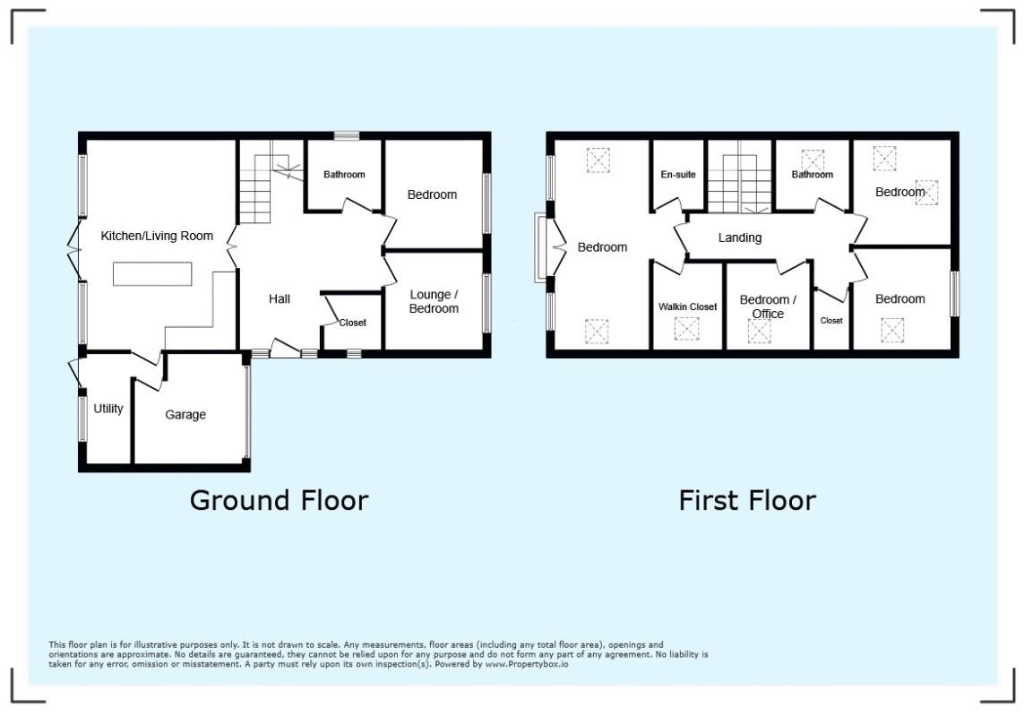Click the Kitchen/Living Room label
(157, 236)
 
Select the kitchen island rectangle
(152, 273)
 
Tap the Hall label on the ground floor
(280, 298)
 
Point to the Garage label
(185, 415)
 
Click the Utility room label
(108, 409)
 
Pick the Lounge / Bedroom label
(434, 302)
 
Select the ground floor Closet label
(353, 323)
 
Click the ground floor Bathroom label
(344, 175)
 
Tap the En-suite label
(678, 175)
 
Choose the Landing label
(740, 237)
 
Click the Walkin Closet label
(688, 306)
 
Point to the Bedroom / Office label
(768, 306)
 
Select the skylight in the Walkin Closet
(686, 329)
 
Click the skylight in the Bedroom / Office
(760, 332)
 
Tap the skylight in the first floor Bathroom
(813, 160)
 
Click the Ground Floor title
(279, 500)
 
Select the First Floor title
(747, 500)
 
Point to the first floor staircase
(740, 184)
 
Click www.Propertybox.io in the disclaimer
(527, 664)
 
